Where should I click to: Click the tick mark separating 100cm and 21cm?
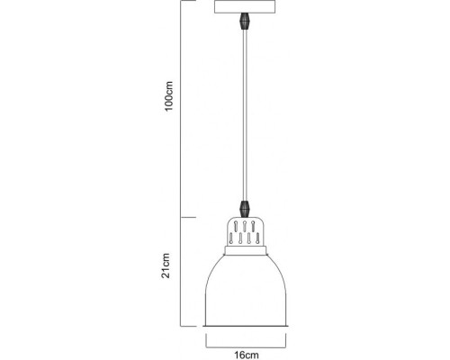point(184,218)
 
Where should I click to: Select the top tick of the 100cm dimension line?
point(184,2)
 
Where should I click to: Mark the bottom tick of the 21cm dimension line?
point(184,325)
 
